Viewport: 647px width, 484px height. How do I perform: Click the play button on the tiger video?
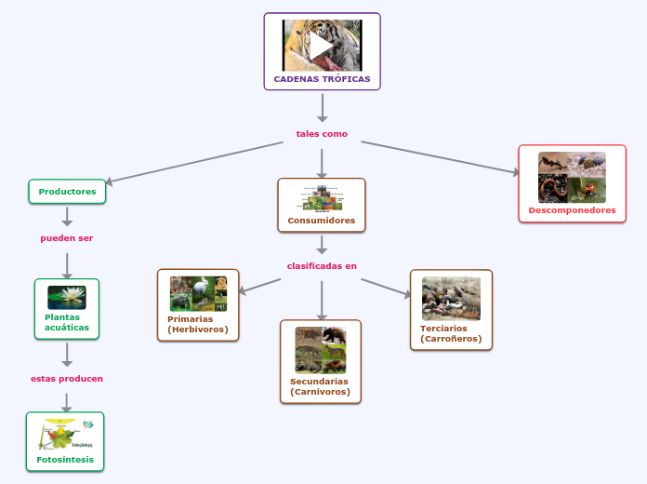point(322,45)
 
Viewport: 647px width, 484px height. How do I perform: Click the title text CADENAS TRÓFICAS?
point(322,79)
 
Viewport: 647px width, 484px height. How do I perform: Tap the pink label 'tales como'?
point(322,134)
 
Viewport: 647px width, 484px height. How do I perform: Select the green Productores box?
point(67,192)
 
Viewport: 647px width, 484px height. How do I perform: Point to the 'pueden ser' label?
point(67,238)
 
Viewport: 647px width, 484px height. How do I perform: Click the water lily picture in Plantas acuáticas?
point(67,297)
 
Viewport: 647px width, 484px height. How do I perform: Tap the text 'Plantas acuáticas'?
point(67,322)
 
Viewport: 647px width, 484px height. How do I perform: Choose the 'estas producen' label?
point(67,379)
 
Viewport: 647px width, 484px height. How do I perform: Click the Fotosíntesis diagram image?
point(66,434)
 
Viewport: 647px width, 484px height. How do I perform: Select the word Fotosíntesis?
point(65,460)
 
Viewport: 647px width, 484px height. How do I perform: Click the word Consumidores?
point(322,221)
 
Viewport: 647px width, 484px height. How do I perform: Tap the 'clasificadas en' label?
point(322,266)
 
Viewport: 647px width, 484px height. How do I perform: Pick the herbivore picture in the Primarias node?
point(199,293)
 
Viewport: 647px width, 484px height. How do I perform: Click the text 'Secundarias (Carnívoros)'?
point(320,386)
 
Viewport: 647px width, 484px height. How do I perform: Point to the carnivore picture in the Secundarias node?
point(321,350)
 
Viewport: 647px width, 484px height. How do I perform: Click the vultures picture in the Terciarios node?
point(451,299)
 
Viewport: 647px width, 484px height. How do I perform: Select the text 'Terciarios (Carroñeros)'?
point(451,333)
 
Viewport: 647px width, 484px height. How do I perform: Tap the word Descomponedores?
point(572,210)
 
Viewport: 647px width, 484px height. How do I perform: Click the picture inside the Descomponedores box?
point(572,177)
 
